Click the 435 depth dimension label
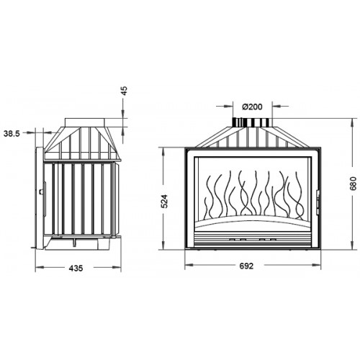[76, 268]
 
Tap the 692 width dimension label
[246, 266]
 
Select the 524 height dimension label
[165, 201]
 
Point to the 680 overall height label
[353, 184]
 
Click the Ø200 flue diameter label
[252, 107]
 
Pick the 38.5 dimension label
[12, 133]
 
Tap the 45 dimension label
[125, 91]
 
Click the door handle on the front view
[318, 202]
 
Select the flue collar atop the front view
[252, 122]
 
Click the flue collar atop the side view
[85, 122]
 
